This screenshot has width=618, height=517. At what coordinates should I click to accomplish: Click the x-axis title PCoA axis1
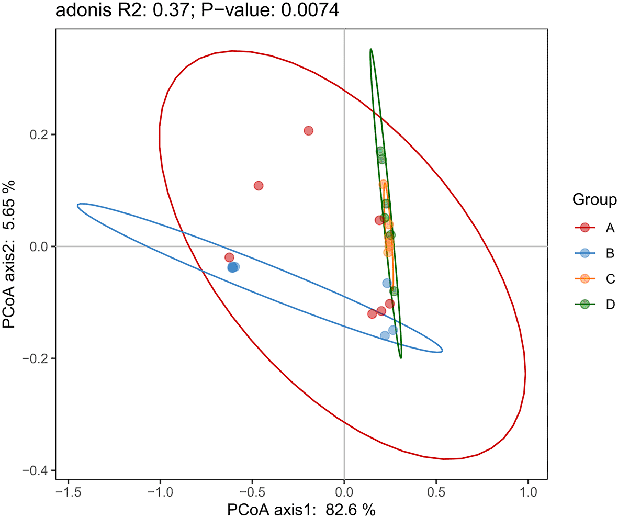pos(301,509)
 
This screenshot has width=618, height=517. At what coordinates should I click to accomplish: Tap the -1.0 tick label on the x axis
pos(160,492)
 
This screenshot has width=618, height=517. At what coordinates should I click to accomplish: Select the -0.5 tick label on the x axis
pos(252,492)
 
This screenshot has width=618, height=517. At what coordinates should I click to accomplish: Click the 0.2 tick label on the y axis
pos(37,134)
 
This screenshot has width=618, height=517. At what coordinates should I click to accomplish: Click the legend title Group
pos(594,199)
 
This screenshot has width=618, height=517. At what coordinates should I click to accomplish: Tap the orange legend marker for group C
pos(585,279)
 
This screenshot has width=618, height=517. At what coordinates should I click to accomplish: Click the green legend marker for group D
pos(585,305)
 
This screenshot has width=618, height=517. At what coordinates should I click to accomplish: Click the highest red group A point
pos(308,130)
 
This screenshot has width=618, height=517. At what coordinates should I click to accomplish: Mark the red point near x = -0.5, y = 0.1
pos(258,186)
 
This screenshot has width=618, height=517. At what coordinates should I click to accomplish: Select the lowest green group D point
pos(394,291)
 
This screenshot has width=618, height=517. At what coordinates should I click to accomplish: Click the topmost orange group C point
pos(383,184)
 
